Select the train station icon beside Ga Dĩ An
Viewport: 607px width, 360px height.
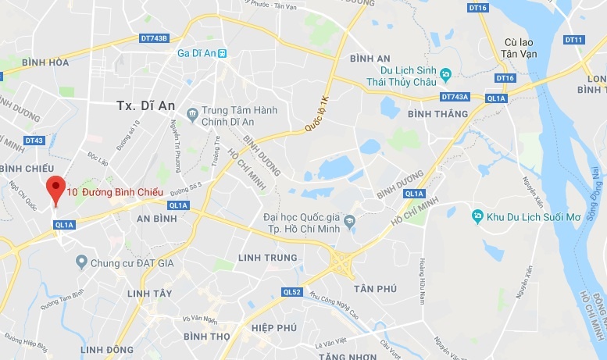pos(223,53)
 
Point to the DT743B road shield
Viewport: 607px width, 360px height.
pos(154,37)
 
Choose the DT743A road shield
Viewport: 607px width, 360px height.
pos(455,98)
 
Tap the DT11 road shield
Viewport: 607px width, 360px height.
pos(573,40)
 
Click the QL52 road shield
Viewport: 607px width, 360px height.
pos(291,292)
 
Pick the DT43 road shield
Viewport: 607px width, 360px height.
pos(34,141)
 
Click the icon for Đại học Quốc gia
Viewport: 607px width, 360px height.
pos(350,221)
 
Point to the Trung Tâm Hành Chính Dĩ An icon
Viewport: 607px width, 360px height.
pos(192,116)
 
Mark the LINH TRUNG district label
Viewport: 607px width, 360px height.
pos(268,258)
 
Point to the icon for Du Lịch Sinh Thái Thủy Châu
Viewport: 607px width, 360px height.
pos(445,74)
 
